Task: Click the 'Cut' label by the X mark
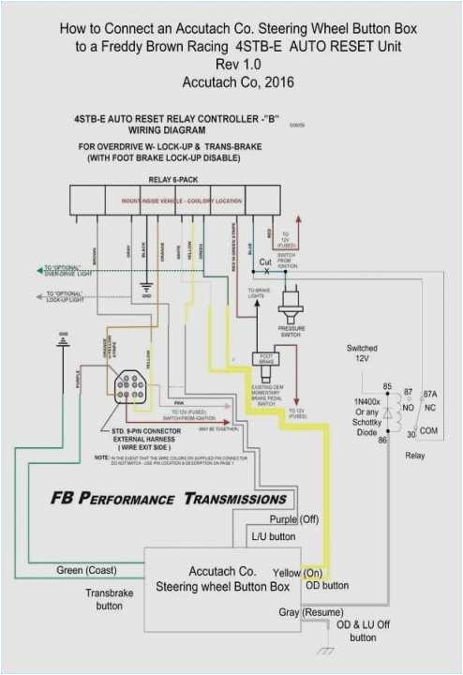tap(265, 262)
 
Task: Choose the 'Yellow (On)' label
tap(298, 572)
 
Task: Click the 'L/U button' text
tap(275, 537)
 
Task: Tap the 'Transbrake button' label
tap(103, 599)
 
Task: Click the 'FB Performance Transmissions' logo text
tap(169, 498)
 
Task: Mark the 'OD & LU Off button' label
tap(363, 631)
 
